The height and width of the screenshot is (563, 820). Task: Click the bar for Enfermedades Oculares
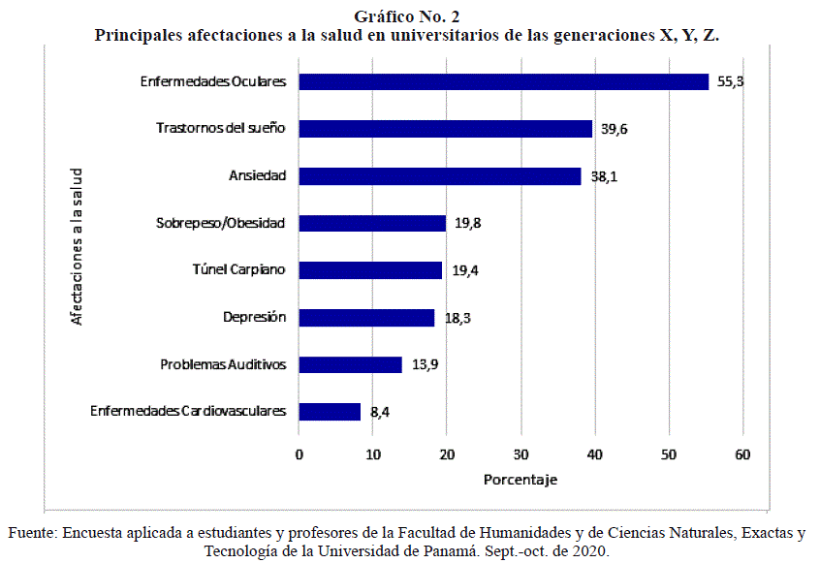click(503, 82)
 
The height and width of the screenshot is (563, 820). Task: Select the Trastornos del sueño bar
click(445, 129)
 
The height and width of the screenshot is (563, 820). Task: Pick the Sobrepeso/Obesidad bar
click(372, 223)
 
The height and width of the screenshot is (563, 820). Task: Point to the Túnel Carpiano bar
click(370, 270)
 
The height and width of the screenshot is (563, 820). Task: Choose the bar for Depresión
click(366, 318)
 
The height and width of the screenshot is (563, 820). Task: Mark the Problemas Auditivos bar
click(350, 364)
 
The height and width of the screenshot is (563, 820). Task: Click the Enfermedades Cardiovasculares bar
click(330, 412)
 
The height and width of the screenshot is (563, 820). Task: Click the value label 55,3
click(730, 82)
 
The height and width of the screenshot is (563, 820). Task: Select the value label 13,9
click(424, 365)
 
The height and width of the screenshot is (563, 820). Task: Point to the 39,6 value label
click(614, 130)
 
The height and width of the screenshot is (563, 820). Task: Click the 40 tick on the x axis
click(595, 455)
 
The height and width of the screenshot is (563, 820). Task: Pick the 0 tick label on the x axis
click(299, 455)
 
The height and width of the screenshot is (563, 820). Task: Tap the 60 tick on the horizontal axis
click(742, 455)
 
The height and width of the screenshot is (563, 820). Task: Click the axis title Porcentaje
click(520, 480)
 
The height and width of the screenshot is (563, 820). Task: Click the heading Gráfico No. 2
click(407, 15)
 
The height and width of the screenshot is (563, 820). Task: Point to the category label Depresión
click(254, 318)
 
